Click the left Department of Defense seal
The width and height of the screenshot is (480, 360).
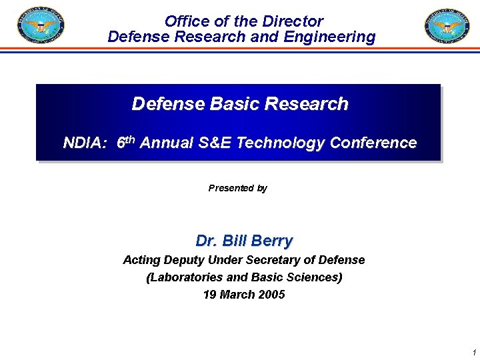click(x=41, y=26)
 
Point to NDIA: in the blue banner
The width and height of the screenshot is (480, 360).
click(x=85, y=143)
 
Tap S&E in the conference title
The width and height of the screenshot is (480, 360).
click(x=213, y=143)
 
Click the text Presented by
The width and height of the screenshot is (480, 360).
click(x=238, y=188)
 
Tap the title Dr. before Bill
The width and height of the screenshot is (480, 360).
click(x=207, y=241)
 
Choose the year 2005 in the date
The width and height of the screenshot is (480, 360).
click(x=271, y=295)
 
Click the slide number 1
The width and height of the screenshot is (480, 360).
click(x=473, y=352)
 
